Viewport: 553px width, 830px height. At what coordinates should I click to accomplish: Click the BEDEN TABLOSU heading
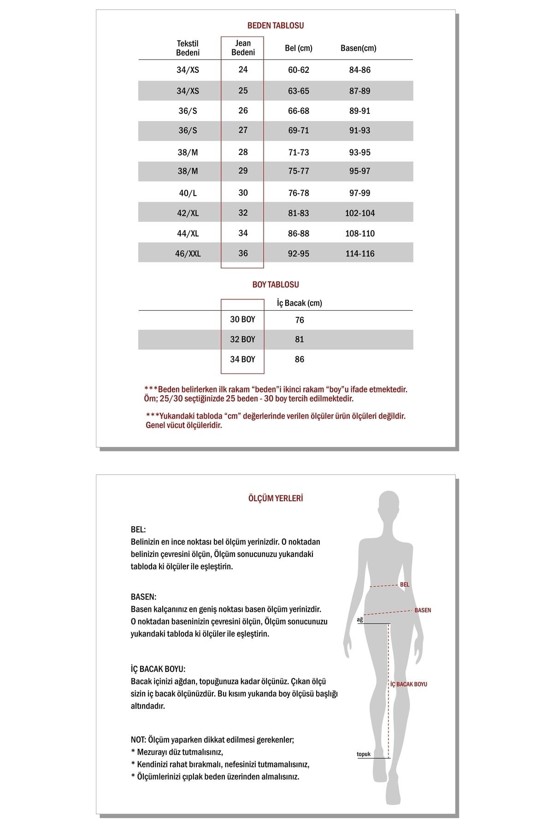tap(276, 26)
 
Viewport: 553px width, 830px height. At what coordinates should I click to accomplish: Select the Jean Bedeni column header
tap(243, 48)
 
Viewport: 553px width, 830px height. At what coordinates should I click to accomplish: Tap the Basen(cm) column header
tap(358, 48)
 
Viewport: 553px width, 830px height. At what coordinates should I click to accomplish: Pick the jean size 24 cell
tap(243, 70)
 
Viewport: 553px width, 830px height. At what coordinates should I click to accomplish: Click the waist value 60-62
tap(299, 70)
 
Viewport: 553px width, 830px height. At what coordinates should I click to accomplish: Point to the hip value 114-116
tap(360, 254)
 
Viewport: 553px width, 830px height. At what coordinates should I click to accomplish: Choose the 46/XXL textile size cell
tap(188, 254)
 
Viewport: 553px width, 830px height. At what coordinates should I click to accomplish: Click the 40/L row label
tap(188, 193)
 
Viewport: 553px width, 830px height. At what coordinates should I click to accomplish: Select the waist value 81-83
tap(299, 213)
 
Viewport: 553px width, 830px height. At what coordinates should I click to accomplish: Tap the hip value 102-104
tap(360, 213)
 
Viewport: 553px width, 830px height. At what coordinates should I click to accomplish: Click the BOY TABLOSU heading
tap(276, 285)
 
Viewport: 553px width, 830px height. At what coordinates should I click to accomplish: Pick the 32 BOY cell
tap(242, 339)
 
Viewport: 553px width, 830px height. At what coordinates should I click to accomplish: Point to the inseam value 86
tap(300, 360)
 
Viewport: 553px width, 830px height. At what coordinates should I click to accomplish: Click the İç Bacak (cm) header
tap(300, 303)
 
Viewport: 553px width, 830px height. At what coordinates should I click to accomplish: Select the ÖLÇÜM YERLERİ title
tap(276, 498)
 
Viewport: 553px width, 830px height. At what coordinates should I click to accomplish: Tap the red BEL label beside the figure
tap(405, 585)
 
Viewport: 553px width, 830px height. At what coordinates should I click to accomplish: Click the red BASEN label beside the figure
tap(423, 611)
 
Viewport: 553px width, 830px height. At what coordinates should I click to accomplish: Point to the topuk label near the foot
tap(364, 755)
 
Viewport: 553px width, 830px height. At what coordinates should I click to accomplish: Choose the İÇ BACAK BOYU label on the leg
tap(409, 684)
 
